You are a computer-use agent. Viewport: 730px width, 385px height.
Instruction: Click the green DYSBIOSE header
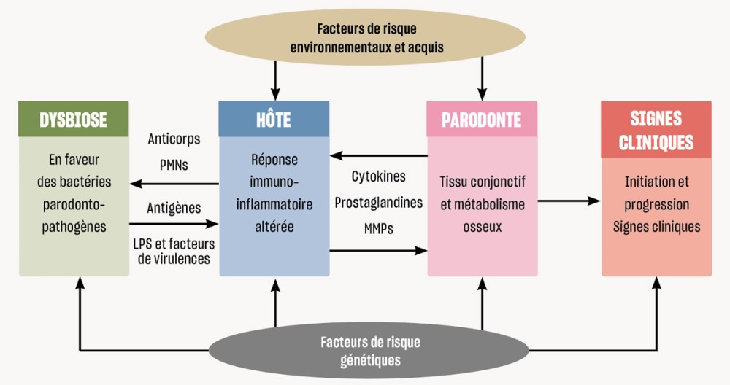[74, 120]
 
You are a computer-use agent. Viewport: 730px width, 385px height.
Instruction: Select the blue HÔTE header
[274, 120]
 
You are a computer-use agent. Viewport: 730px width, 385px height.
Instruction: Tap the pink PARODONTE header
[482, 120]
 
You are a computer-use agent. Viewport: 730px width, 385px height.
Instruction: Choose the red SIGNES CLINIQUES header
[656, 130]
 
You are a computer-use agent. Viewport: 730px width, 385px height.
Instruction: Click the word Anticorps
[174, 139]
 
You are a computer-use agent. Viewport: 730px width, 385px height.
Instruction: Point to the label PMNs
[174, 165]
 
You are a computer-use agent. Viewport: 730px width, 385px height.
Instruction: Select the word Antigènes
[174, 208]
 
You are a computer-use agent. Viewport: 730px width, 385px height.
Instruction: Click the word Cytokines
[378, 176]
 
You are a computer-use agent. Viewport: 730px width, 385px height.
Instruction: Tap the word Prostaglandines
[378, 202]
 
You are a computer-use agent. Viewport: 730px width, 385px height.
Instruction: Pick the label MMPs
[378, 228]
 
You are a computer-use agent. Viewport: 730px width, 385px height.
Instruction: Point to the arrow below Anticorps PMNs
[174, 183]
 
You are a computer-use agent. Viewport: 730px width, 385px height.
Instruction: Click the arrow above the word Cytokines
[377, 155]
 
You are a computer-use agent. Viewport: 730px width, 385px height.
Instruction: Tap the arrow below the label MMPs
[377, 251]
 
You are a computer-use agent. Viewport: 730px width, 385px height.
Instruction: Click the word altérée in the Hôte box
[274, 226]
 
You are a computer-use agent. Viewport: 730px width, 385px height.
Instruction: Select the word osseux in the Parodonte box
[482, 227]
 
